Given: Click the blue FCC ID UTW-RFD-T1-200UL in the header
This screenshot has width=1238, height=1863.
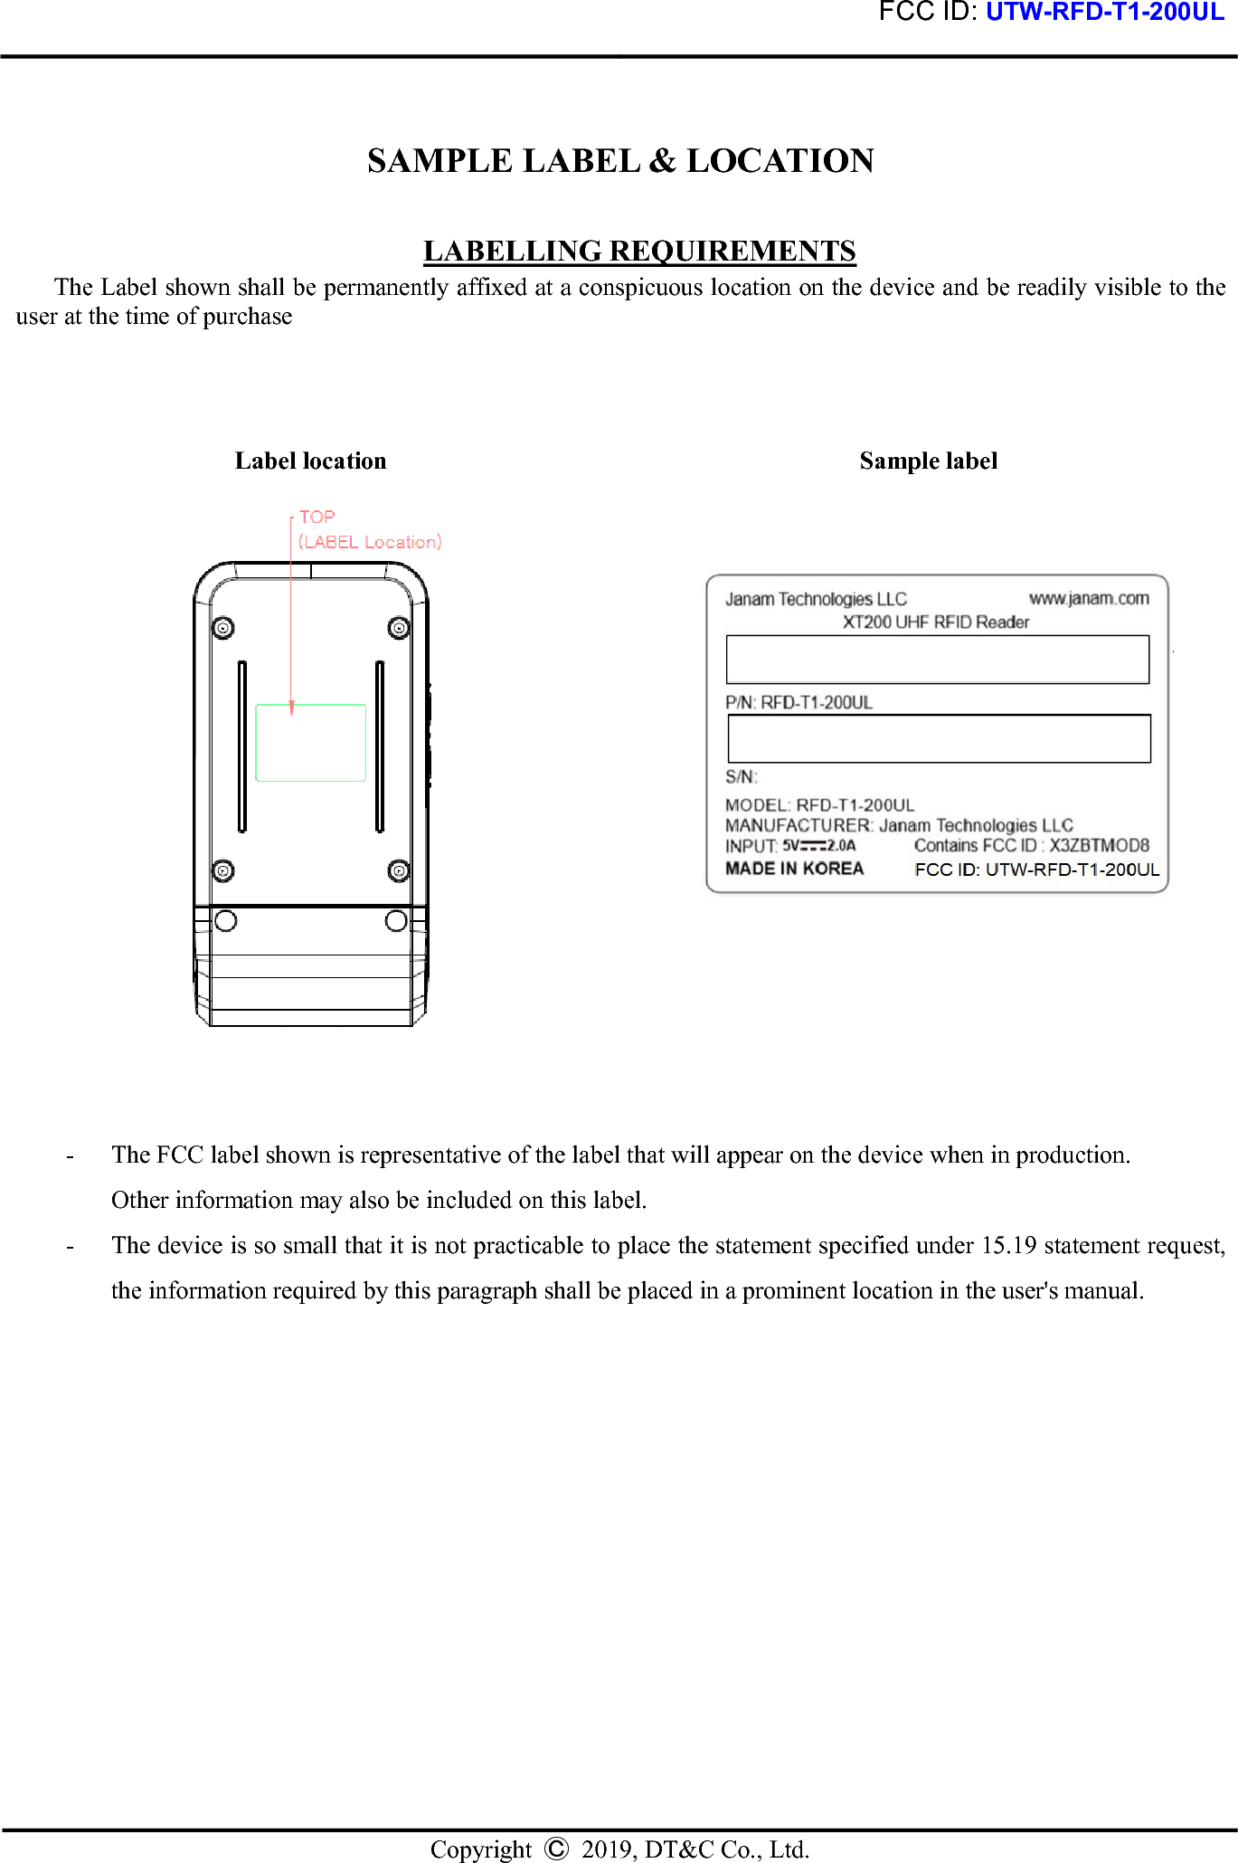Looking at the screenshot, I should pyautogui.click(x=1104, y=12).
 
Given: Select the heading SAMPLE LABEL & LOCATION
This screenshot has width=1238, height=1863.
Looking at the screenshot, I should pyautogui.click(x=620, y=161).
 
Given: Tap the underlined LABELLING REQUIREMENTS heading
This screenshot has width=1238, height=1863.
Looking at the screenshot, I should pyautogui.click(x=639, y=251).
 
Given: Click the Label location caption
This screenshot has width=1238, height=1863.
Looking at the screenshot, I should pyautogui.click(x=310, y=461).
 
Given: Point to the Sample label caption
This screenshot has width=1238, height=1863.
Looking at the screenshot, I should pyautogui.click(x=928, y=461).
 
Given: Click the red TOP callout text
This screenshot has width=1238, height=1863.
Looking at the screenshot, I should pyautogui.click(x=317, y=518).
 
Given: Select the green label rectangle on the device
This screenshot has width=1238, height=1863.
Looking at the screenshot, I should pyautogui.click(x=310, y=743).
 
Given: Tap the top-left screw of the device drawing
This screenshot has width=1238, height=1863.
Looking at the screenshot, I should pyautogui.click(x=222, y=628).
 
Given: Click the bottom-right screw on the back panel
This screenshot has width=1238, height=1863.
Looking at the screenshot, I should pyautogui.click(x=399, y=870).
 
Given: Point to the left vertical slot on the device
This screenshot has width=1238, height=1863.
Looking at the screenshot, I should pyautogui.click(x=242, y=746).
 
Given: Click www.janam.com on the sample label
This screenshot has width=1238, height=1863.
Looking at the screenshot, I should pyautogui.click(x=1089, y=598).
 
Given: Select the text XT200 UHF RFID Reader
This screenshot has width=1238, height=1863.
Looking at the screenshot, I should pyautogui.click(x=936, y=623).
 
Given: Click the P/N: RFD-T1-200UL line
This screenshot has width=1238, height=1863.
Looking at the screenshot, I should pyautogui.click(x=799, y=703).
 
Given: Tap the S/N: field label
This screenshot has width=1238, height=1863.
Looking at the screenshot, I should pyautogui.click(x=741, y=777).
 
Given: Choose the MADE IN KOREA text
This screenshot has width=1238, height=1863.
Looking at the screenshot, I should pyautogui.click(x=794, y=869).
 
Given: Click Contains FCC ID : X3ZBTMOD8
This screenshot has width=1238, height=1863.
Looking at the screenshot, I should pyautogui.click(x=1031, y=846).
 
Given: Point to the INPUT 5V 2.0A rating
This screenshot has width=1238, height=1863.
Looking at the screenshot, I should pyautogui.click(x=790, y=846).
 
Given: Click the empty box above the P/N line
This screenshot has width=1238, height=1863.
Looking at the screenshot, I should pyautogui.click(x=937, y=660).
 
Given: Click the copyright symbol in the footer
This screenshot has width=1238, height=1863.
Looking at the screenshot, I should pyautogui.click(x=556, y=1848).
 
